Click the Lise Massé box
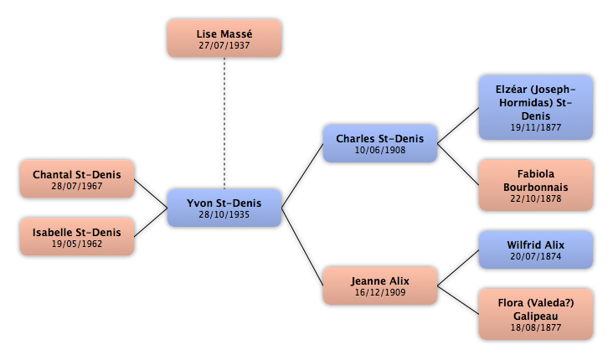click(x=224, y=39)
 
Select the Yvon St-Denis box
click(x=224, y=208)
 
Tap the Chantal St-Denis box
click(x=77, y=179)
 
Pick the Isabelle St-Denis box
click(x=77, y=237)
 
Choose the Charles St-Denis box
click(x=380, y=143)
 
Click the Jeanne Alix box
click(x=380, y=285)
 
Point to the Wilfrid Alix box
click(x=536, y=249)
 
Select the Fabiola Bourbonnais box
click(x=536, y=185)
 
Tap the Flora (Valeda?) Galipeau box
click(x=536, y=314)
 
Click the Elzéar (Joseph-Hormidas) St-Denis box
click(x=536, y=107)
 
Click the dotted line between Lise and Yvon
click(x=224, y=123)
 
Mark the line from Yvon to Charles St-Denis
click(x=302, y=176)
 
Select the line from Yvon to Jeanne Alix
click(x=302, y=247)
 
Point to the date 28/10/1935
click(x=224, y=214)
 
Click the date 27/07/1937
click(x=224, y=45)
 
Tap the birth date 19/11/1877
click(x=536, y=127)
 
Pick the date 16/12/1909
click(x=380, y=292)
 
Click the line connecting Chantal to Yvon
click(x=151, y=193)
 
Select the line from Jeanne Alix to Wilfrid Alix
click(x=458, y=268)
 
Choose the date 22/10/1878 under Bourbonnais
click(x=536, y=198)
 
